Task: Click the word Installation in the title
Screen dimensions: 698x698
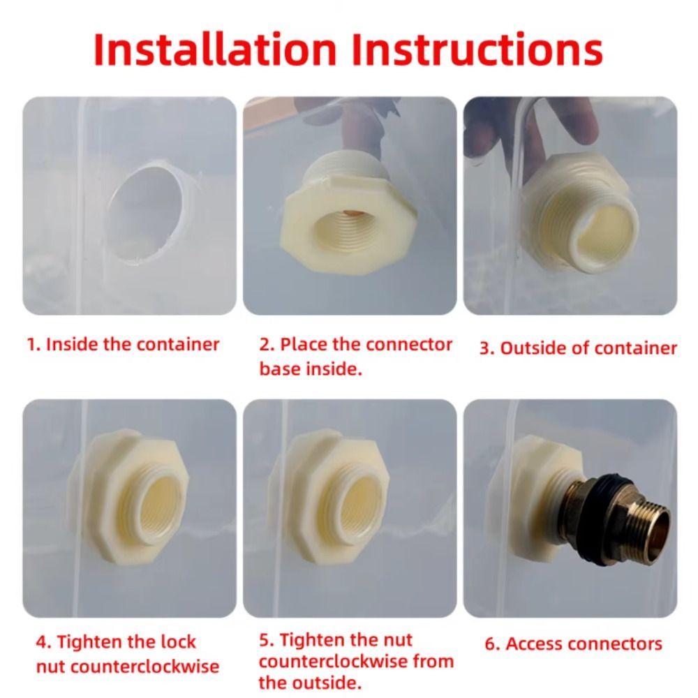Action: tap(215, 49)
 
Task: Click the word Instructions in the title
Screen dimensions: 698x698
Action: tap(477, 49)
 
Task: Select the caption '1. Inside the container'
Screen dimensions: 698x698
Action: tap(123, 345)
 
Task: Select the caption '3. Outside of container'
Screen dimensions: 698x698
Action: tap(578, 348)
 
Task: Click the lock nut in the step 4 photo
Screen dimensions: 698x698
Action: tap(129, 496)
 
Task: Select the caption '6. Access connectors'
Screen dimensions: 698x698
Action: tap(573, 644)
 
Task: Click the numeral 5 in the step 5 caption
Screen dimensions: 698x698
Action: tap(265, 640)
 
